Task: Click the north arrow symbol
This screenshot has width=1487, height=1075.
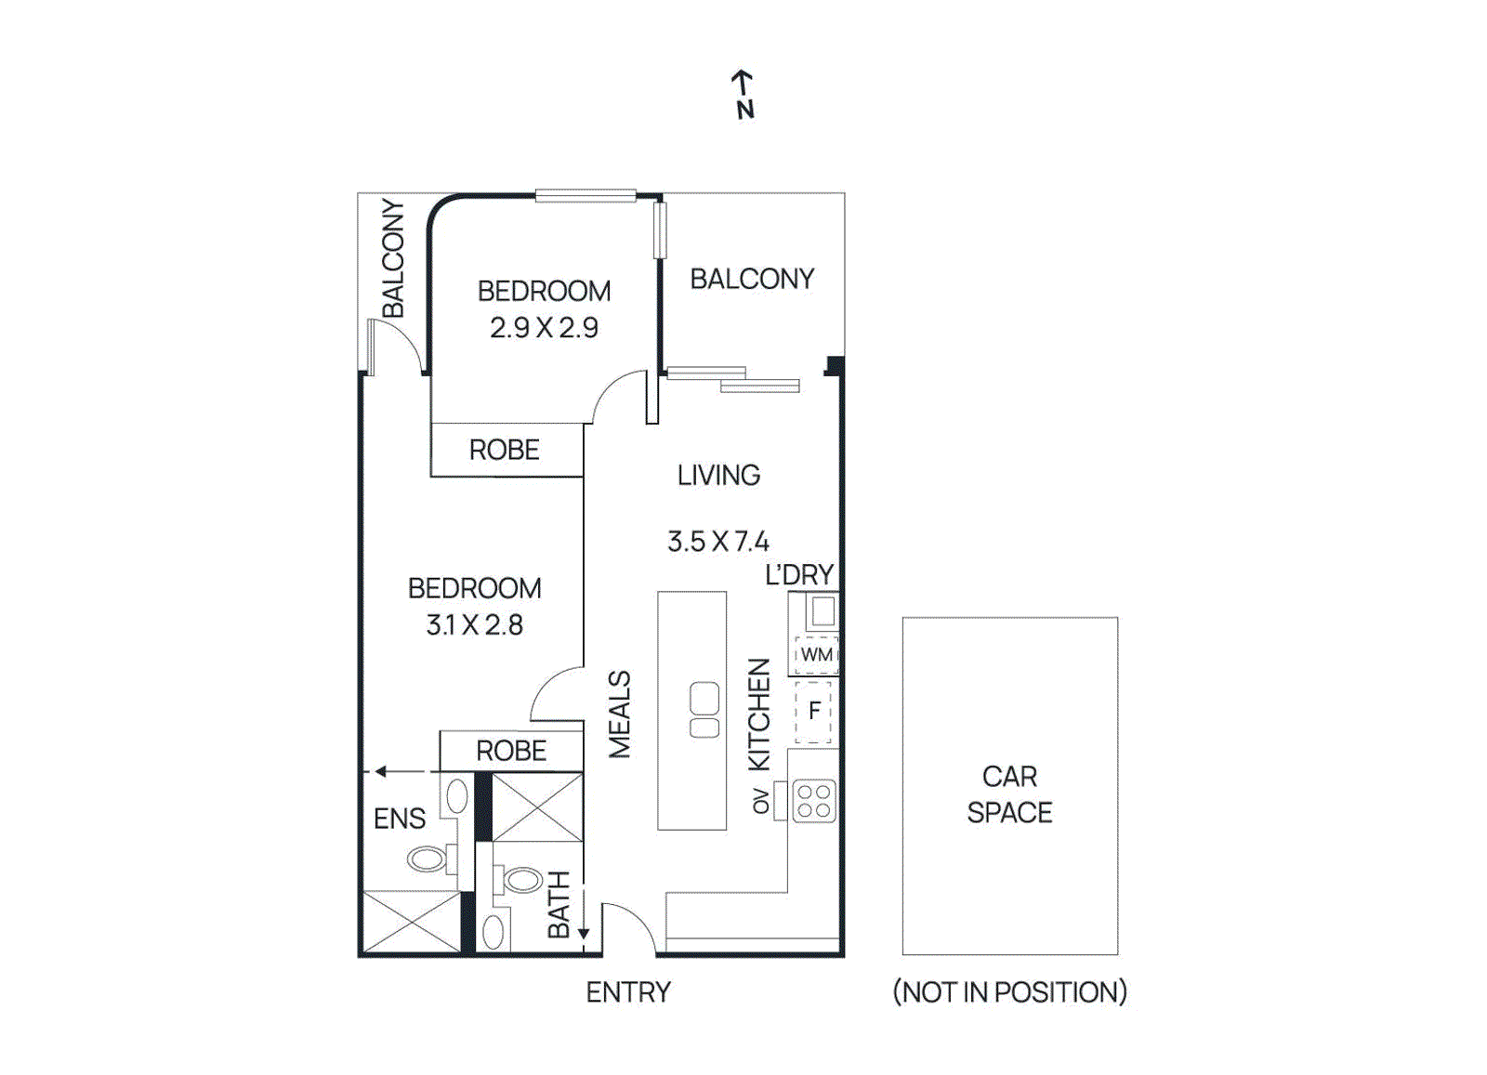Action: pos(743,93)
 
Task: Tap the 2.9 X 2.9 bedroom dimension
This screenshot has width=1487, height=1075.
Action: pos(544,328)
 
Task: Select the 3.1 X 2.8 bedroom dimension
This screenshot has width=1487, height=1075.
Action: pos(474,625)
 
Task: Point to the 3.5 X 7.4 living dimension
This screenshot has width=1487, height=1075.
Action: pos(717,542)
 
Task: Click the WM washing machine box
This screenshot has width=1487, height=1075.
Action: pos(817,654)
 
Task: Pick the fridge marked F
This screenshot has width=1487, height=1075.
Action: pos(814,712)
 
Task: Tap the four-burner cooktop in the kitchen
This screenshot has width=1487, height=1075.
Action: pos(814,801)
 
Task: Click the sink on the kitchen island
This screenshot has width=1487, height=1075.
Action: pos(704,710)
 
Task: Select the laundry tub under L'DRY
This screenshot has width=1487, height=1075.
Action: pos(822,612)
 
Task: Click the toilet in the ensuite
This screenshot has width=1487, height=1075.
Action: pos(427,859)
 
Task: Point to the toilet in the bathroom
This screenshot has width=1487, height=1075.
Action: pos(521,879)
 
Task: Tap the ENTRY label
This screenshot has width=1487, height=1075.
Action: pos(628,992)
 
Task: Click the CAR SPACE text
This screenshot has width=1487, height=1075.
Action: pos(1009,794)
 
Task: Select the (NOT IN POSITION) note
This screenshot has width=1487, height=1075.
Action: pos(1009,992)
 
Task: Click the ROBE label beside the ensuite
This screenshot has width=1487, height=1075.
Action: pos(511,751)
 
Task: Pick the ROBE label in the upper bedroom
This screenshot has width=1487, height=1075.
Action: pos(504,451)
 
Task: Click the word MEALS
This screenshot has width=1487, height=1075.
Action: pos(620,714)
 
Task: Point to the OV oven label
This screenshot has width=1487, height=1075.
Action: pos(761,801)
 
